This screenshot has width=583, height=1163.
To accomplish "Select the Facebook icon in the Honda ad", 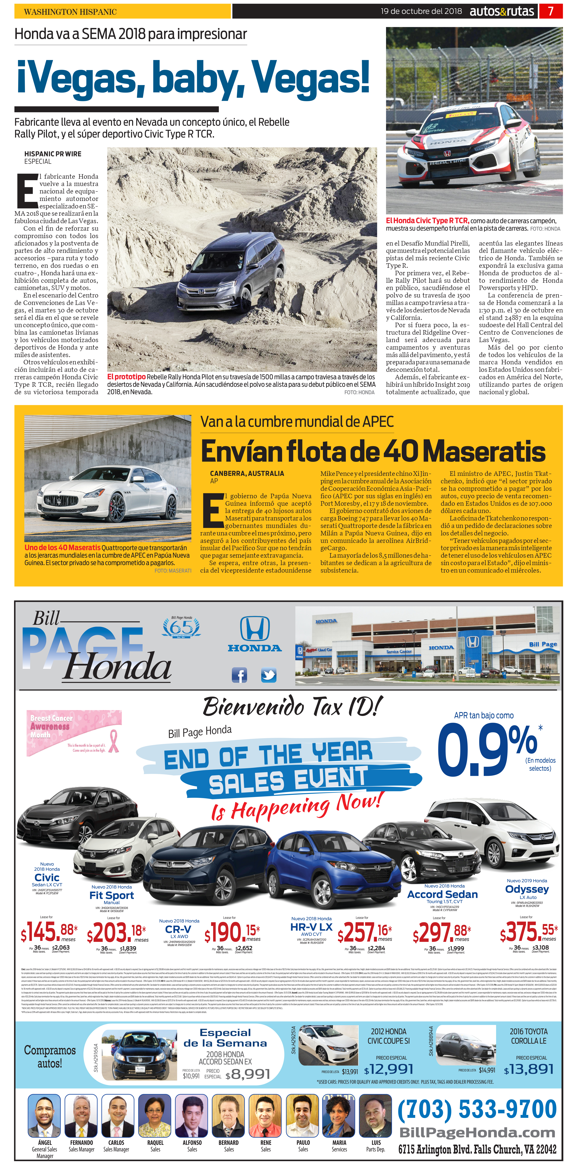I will pyautogui.click(x=239, y=675).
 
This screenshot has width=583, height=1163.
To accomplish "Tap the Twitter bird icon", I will pyautogui.click(x=269, y=675).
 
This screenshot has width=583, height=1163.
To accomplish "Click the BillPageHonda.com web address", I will pyautogui.click(x=477, y=1133).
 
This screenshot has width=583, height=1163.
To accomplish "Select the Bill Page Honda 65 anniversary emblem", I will pyautogui.click(x=181, y=627).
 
